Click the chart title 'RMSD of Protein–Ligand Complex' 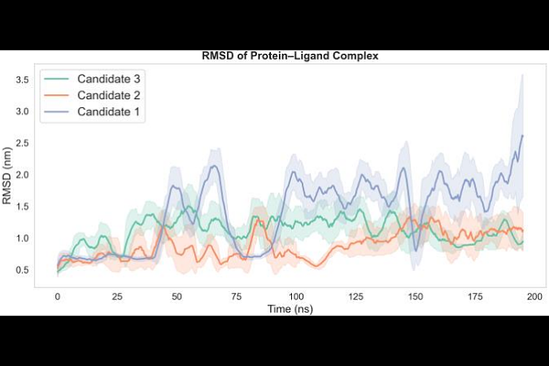(289, 57)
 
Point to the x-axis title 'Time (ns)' (289, 310)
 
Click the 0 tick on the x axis (57, 296)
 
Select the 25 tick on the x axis (116, 296)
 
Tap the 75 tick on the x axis (236, 296)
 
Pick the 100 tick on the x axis (296, 296)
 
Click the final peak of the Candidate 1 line (522, 135)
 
